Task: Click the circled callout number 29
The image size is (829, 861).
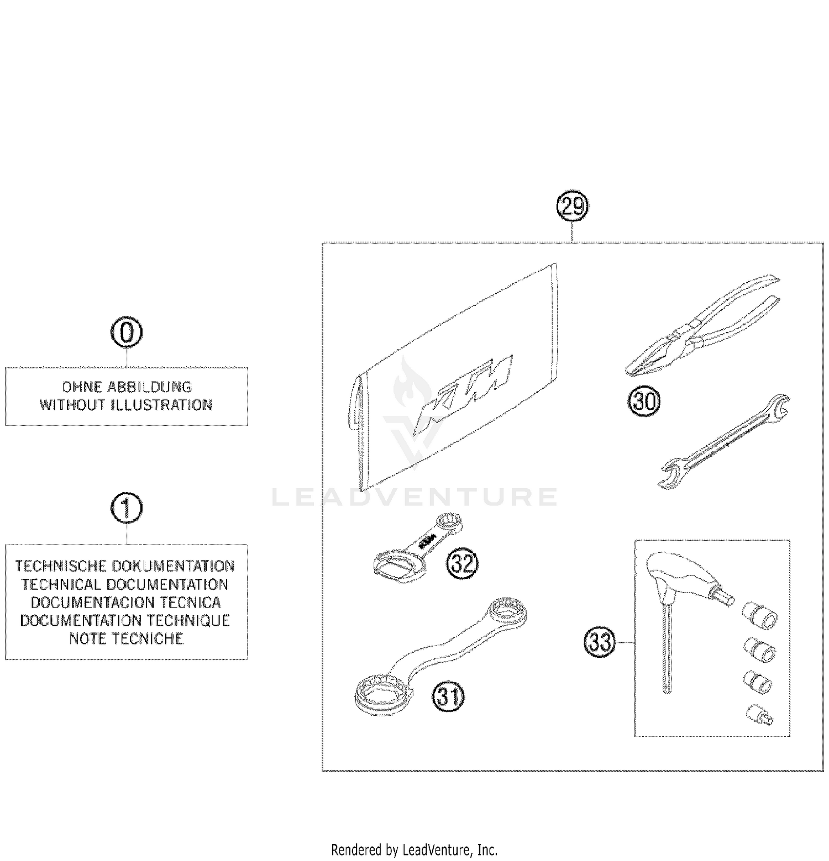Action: coord(572,207)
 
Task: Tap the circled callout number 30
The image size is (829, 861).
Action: coord(644,401)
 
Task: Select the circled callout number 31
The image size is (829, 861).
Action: coord(448,697)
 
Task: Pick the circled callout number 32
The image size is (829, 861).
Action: coord(461,563)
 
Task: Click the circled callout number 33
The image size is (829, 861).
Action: coord(600,642)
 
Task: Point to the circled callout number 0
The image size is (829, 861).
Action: coord(127,333)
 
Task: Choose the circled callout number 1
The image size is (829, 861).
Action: coord(127,508)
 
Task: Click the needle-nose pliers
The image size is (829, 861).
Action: coord(702,326)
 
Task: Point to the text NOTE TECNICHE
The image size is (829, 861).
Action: coord(127,639)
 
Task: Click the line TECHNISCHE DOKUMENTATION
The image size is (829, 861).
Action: coord(125,566)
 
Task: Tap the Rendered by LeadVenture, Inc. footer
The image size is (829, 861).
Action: coord(414,849)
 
